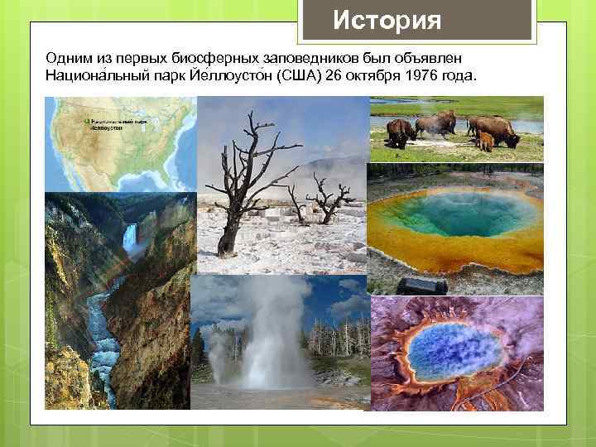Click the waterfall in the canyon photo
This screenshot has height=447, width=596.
pyautogui.click(x=130, y=240)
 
